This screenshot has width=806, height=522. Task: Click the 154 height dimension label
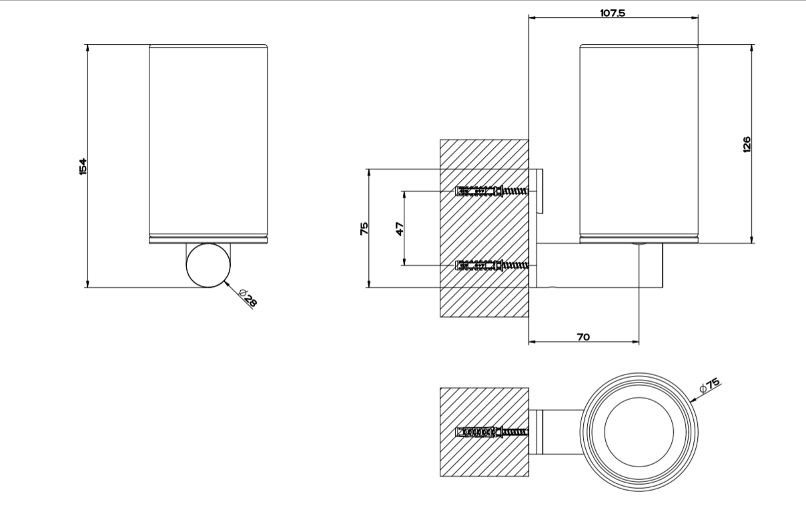(83, 166)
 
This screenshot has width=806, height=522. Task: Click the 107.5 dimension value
(612, 13)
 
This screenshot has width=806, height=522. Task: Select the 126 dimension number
(746, 144)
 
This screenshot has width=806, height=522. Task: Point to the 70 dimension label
(582, 337)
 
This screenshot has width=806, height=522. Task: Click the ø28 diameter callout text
(248, 298)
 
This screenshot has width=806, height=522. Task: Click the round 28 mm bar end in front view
(208, 265)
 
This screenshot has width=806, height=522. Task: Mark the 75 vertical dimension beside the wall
(364, 228)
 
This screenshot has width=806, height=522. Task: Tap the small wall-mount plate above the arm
(541, 192)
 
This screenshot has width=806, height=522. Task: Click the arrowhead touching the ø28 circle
(228, 284)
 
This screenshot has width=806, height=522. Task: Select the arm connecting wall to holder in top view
(560, 431)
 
